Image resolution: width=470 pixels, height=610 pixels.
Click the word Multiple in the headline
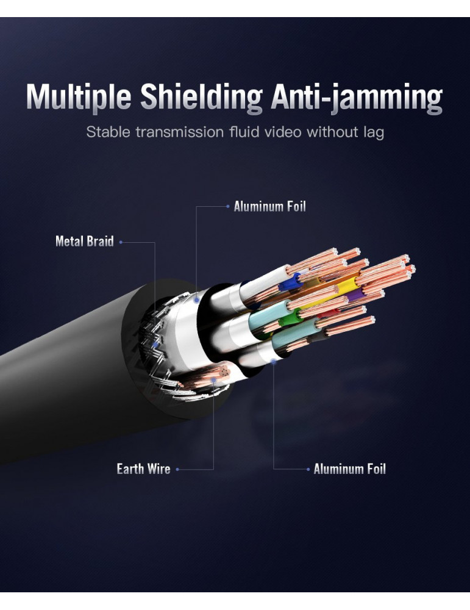tap(78, 98)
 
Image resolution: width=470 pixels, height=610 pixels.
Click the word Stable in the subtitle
tap(107, 131)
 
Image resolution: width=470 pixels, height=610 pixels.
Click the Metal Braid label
tap(84, 242)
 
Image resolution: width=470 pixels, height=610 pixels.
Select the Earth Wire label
tap(143, 468)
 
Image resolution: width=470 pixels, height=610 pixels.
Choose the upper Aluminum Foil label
tap(269, 206)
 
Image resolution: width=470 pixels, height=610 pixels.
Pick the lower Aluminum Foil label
tap(349, 468)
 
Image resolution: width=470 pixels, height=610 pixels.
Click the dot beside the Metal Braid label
tap(121, 242)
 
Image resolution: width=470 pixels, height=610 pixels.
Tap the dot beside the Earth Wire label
tap(177, 469)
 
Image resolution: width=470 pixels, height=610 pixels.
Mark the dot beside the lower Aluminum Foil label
tap(308, 469)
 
